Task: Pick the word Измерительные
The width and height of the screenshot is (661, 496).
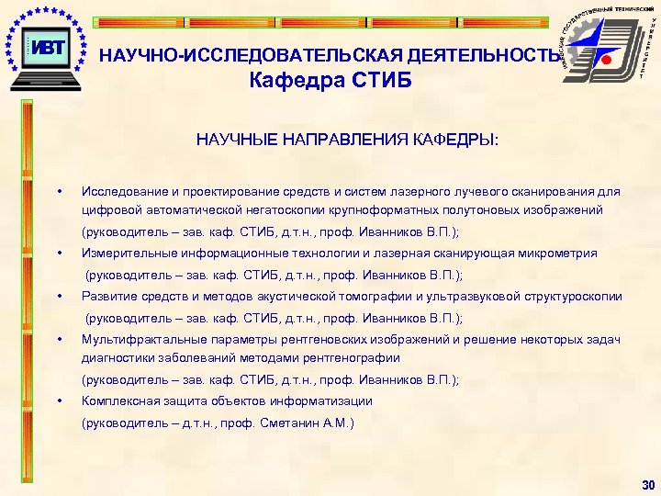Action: (x=126, y=253)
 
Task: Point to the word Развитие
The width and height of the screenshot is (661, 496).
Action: (x=107, y=296)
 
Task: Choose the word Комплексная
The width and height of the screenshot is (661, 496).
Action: (x=119, y=400)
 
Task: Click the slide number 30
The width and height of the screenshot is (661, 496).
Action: (x=649, y=485)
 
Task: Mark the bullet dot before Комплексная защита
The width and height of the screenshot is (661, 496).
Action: (x=59, y=400)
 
